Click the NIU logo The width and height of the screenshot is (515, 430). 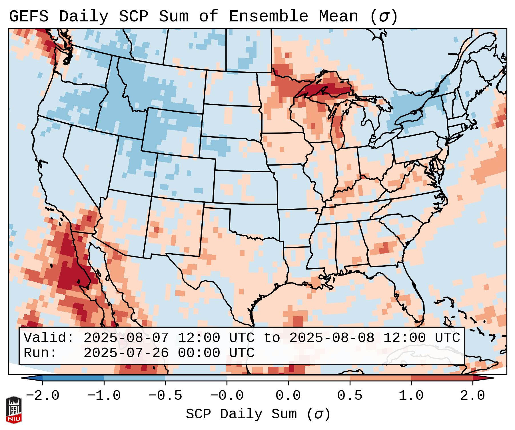tap(14, 410)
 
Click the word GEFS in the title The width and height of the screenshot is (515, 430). tap(29, 17)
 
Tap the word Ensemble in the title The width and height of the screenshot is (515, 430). tap(268, 17)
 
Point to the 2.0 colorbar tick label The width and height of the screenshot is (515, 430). tap(472, 396)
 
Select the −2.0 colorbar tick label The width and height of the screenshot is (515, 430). tap(43, 396)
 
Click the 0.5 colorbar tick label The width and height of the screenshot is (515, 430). tap(350, 396)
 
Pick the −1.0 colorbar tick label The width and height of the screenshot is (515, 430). tap(104, 396)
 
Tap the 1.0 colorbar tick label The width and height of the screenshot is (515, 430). tap(411, 396)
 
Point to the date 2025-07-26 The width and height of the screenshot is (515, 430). tap(126, 353)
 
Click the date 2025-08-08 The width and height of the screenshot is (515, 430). tap(332, 338)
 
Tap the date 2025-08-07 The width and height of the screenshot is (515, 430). tap(126, 338)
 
